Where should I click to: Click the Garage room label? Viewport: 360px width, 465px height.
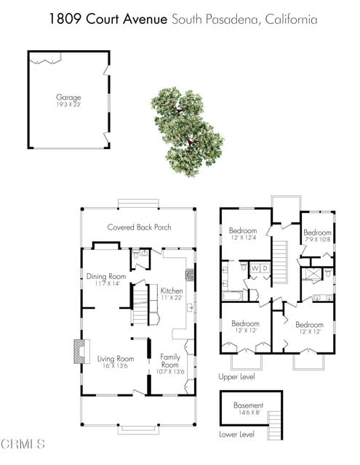coord(68,97)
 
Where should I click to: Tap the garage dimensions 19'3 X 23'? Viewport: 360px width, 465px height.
coord(68,104)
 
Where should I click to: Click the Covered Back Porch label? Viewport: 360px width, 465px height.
coord(139,227)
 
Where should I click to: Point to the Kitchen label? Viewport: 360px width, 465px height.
coord(171,291)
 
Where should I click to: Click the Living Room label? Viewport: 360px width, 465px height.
coord(116,358)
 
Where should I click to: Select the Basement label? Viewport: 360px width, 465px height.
coord(248,405)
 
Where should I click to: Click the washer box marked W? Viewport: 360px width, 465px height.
coord(255,268)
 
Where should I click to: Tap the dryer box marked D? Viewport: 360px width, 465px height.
coord(266,268)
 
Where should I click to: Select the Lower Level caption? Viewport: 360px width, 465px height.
coord(236,434)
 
